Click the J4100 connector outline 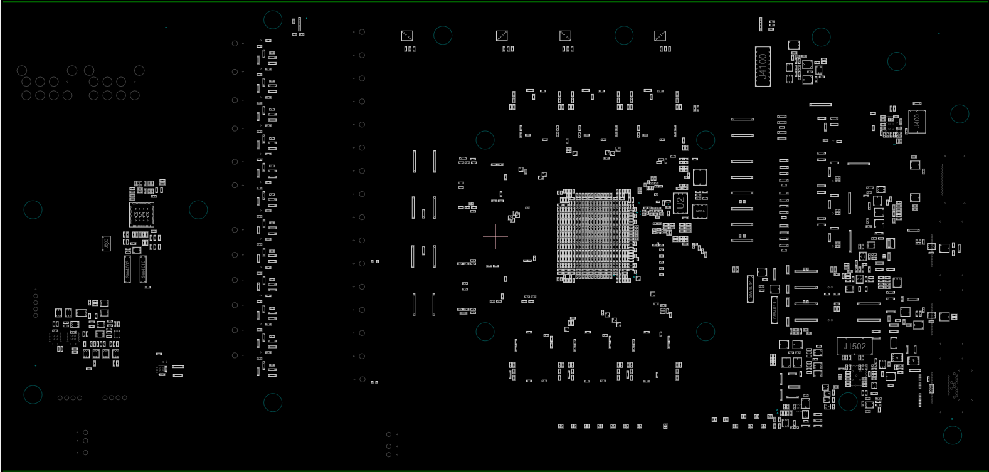click(763, 66)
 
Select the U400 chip click(916, 121)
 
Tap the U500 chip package click(141, 215)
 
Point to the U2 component click(680, 202)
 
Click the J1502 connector click(854, 346)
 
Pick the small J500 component click(106, 243)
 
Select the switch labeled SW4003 click(127, 269)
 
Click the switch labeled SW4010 click(143, 269)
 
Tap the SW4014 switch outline click(749, 289)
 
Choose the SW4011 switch click(775, 310)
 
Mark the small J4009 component click(700, 212)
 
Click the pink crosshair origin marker click(495, 236)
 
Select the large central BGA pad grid click(593, 235)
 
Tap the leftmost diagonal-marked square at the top click(407, 36)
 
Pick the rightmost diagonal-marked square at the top click(660, 36)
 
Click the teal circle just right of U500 click(198, 209)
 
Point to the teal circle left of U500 click(33, 209)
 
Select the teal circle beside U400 click(960, 114)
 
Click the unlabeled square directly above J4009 click(700, 177)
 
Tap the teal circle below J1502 click(848, 401)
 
